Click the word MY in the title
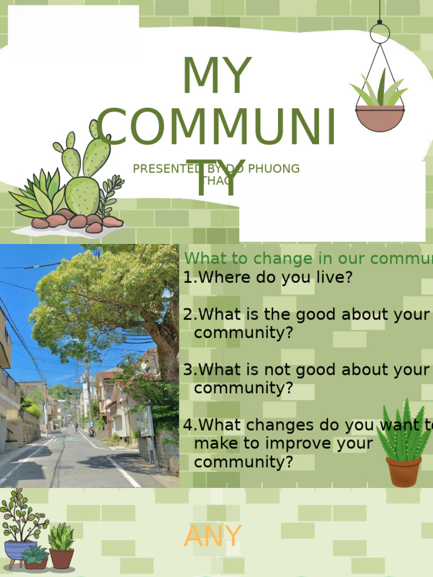coord(216,76)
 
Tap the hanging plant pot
coord(379,118)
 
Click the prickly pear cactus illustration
coord(85,169)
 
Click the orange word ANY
coord(213,536)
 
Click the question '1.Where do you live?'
coord(268,277)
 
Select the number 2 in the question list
coord(188,314)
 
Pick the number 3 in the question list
coord(188,370)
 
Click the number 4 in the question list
coord(188,425)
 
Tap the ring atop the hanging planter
coord(379,33)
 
